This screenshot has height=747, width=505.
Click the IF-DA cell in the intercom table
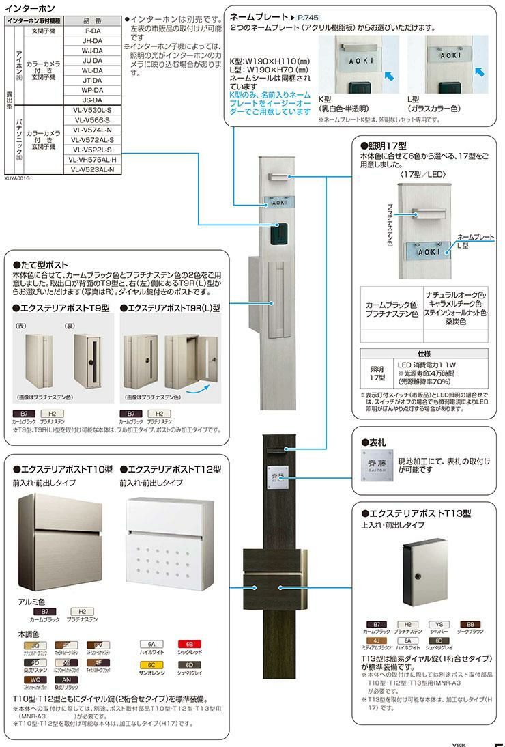pyautogui.click(x=93, y=31)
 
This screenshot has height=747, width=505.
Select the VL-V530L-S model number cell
pyautogui.click(x=93, y=109)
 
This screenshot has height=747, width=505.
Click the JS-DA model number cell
pyautogui.click(x=93, y=100)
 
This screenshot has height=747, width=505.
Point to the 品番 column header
pyautogui.click(x=93, y=21)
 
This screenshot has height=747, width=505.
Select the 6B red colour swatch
pyautogui.click(x=189, y=645)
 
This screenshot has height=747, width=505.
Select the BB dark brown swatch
pyautogui.click(x=470, y=624)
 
